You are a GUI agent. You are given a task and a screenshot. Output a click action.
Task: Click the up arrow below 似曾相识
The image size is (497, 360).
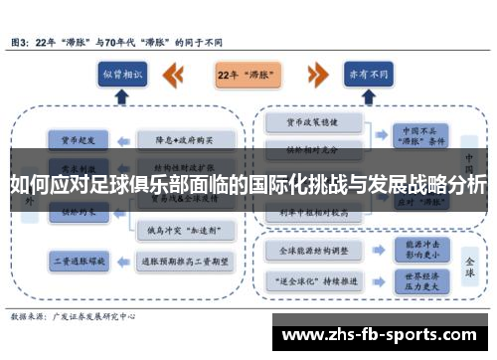(x=123, y=97)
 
